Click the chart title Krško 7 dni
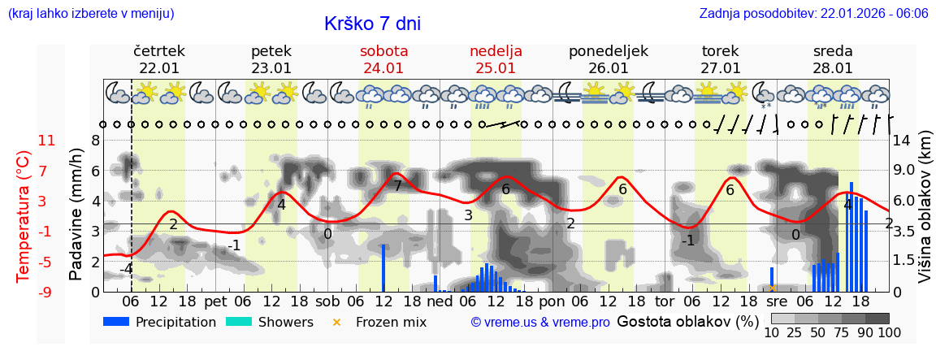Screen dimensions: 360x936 point(372,24)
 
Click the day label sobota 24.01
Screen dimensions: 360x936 point(383,59)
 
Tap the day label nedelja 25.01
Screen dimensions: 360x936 point(496,59)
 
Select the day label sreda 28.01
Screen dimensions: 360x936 point(833,59)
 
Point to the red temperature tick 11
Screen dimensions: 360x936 point(46,140)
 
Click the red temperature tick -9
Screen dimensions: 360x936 point(46,292)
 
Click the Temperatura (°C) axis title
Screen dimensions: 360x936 point(24,216)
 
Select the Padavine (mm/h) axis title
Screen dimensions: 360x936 point(76,215)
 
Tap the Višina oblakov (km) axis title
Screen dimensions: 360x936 point(925,217)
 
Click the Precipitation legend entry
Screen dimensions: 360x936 point(159,322)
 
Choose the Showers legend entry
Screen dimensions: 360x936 point(269,322)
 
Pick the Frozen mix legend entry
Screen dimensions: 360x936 point(380,322)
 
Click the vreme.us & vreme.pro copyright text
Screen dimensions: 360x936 point(540,323)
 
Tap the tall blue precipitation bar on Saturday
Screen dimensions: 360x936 point(383,268)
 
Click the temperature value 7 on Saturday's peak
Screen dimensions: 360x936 point(397,186)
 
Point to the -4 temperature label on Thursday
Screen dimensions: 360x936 point(126,268)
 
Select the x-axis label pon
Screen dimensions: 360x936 point(551,301)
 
